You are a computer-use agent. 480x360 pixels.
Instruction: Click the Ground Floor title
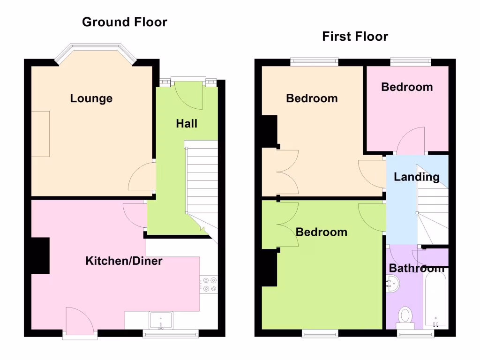tap(124, 22)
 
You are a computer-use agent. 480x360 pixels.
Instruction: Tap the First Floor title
tap(355, 37)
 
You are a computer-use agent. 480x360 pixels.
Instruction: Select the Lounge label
tap(91, 98)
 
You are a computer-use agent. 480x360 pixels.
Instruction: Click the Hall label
tap(187, 124)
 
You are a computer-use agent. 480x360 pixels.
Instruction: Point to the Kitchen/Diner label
tap(124, 261)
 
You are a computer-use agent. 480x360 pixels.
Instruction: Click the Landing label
tap(416, 177)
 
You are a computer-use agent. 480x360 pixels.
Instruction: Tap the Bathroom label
tap(416, 268)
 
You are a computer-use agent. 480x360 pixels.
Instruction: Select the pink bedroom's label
tap(406, 87)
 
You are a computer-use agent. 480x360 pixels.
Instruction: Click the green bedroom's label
tap(322, 232)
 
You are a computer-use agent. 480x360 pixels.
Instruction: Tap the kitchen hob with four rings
tap(209, 285)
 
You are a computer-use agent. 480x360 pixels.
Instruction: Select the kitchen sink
tap(161, 321)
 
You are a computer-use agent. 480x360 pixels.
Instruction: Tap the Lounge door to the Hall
tap(142, 177)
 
